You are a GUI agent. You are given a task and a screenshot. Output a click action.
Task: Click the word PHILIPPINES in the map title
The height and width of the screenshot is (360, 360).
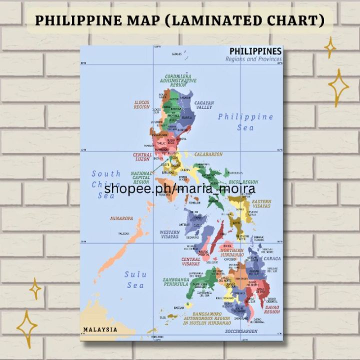click(x=255, y=51)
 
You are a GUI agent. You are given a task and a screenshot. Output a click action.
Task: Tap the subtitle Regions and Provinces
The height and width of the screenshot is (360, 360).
click(x=253, y=59)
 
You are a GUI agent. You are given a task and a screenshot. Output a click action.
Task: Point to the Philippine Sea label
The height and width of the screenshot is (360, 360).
click(x=245, y=121)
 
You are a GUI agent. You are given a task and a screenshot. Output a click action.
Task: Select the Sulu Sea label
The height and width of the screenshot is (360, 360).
click(x=135, y=279)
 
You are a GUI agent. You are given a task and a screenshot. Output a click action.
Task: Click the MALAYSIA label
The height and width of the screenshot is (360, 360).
click(x=100, y=329)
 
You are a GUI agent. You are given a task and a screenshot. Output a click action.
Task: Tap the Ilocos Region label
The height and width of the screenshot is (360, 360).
click(x=141, y=104)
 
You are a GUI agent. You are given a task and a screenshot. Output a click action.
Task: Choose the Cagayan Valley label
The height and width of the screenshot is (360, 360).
click(x=204, y=105)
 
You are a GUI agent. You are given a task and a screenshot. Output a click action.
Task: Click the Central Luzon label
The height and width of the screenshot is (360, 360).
click(x=142, y=157)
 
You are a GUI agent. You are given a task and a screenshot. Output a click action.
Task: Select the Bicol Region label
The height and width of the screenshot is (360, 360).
click(x=243, y=182)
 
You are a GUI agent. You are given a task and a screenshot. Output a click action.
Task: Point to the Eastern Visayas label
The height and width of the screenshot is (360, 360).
click(x=261, y=203)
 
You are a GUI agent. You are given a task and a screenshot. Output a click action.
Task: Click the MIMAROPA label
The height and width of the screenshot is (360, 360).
click(x=121, y=218)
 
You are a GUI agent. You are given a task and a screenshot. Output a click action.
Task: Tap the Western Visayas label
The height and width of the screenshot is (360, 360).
click(x=169, y=234)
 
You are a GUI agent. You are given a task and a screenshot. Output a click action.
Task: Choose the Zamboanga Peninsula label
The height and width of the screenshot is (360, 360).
click(x=175, y=281)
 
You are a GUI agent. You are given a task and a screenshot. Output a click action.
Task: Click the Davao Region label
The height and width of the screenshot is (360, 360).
click(x=272, y=309)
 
